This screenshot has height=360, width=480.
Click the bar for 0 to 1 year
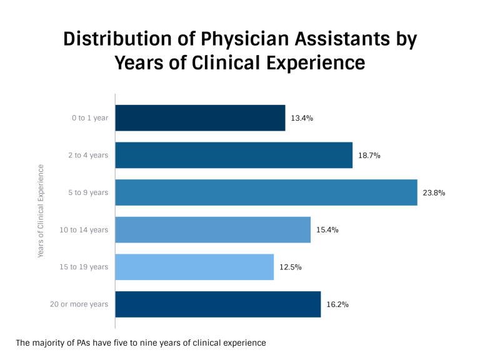pos(200,117)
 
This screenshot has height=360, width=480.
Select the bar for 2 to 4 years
pos(234,155)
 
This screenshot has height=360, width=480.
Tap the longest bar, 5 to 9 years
pos(266,192)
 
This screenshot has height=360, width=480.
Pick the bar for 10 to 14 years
pos(213,230)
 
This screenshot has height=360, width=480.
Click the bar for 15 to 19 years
pos(194,267)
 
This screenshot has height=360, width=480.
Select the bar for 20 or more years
pos(218,304)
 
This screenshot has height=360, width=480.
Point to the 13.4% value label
pos(302,117)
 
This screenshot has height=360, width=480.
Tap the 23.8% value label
pos(434,192)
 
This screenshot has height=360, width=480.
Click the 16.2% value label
pos(337,304)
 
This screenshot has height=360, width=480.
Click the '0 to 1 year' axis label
pos(89,117)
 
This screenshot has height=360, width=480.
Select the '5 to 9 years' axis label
pos(88,192)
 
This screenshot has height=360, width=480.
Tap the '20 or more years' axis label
pos(79,304)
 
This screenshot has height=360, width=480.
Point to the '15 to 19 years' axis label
pos(84,267)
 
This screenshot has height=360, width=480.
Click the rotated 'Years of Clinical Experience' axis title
pos(41,211)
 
